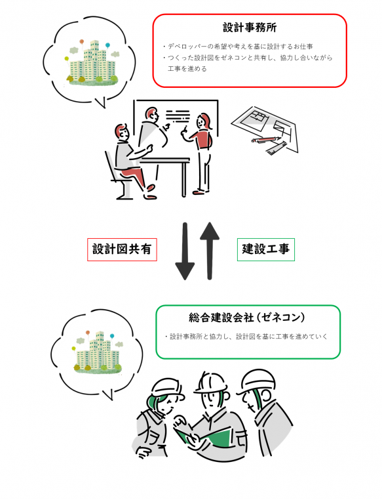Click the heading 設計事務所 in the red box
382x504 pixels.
pyautogui.click(x=250, y=28)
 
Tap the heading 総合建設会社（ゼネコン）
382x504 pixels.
pyautogui.click(x=246, y=318)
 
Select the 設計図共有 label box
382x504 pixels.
pyautogui.click(x=122, y=249)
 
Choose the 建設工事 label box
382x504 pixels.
pyautogui.click(x=266, y=249)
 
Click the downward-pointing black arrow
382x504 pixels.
pyautogui.click(x=185, y=251)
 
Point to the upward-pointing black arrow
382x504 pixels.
pyautogui.click(x=210, y=251)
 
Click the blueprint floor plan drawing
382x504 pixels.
pyautogui.click(x=265, y=129)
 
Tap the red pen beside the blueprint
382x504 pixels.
pyautogui.click(x=267, y=140)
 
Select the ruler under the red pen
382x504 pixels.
pyautogui.click(x=277, y=148)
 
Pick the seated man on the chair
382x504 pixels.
pyautogui.click(x=132, y=161)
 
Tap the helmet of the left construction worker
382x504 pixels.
pyautogui.click(x=168, y=388)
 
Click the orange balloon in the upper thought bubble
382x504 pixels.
pyautogui.click(x=81, y=42)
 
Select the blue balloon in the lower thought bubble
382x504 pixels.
pyautogui.click(x=112, y=336)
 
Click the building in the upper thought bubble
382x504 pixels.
pyautogui.click(x=92, y=63)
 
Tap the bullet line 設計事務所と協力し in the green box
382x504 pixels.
pyautogui.click(x=246, y=337)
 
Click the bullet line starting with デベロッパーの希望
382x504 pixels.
pyautogui.click(x=238, y=47)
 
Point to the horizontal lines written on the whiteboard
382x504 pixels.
pyautogui.click(x=178, y=116)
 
